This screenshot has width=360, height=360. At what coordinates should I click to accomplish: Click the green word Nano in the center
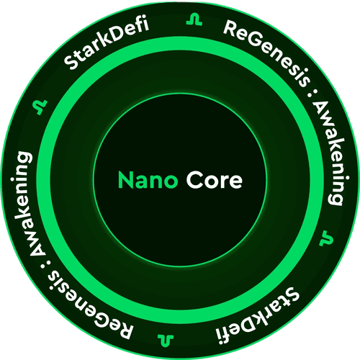tap(148, 180)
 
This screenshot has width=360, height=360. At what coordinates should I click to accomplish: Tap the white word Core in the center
tap(215, 180)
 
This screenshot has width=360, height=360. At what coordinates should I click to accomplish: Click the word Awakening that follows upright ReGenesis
tap(333, 153)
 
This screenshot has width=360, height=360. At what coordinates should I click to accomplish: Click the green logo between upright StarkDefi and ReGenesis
tap(194, 20)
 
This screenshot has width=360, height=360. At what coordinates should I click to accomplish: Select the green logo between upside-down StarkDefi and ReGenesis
tap(166, 341)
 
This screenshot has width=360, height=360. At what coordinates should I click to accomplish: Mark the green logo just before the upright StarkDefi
tap(40, 107)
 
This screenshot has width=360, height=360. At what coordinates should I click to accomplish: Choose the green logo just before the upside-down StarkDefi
tap(326, 238)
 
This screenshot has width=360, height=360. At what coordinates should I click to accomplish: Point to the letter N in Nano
tap(125, 180)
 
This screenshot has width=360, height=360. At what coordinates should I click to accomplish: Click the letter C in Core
tap(194, 180)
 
